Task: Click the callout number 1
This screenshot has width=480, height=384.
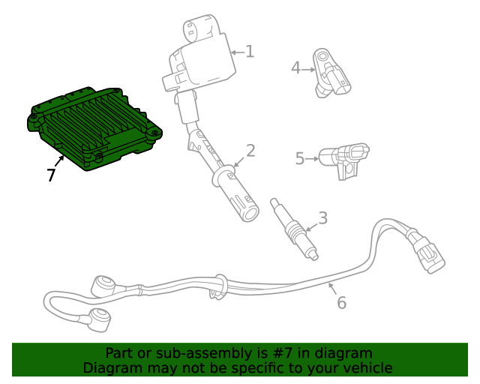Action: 250,52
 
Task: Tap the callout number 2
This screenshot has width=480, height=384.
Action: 250,151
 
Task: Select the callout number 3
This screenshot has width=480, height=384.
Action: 323,218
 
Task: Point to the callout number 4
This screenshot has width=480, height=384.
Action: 295,68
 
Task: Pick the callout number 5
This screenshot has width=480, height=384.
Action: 300,158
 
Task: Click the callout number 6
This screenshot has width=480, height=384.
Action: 342,302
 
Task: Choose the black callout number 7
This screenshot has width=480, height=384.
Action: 51,175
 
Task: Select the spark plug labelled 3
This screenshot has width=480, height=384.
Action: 294,229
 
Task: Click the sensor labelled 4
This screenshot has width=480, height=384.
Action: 331,73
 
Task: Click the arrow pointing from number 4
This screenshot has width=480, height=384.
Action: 308,70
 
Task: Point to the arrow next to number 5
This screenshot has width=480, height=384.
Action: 312,158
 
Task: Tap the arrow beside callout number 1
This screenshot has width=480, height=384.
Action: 238,52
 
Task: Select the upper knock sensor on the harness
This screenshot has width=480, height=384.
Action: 103,286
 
